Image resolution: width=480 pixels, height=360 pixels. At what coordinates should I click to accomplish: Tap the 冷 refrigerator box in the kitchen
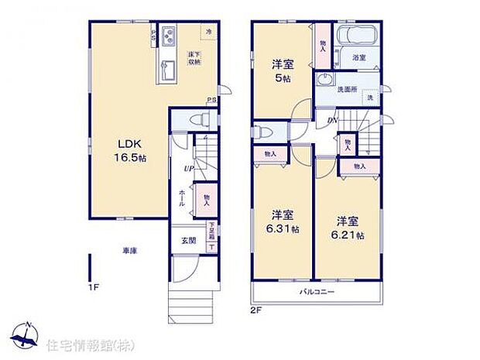[207, 31]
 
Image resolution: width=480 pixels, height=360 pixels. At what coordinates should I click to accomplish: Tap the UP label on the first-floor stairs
[188, 169]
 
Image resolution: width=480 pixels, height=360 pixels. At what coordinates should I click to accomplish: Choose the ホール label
[182, 196]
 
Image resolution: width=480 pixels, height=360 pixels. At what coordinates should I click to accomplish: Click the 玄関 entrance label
[189, 240]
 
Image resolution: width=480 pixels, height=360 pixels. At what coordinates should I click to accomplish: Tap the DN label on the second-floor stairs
[331, 119]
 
